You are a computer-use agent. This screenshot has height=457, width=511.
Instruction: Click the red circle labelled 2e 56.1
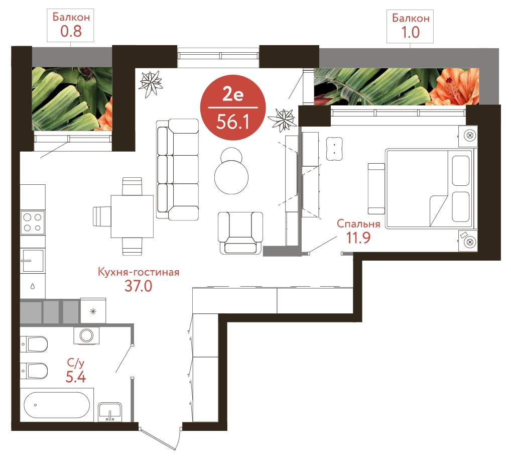tap(233, 108)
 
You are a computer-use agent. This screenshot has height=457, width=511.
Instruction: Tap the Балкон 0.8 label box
tap(70, 26)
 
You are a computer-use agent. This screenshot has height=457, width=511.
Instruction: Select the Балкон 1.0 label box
tap(410, 27)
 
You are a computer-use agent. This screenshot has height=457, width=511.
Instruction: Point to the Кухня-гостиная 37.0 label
tap(139, 279)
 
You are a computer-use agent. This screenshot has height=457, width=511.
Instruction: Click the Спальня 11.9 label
tap(358, 231)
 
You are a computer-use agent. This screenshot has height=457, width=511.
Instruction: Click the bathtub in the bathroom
tap(57, 404)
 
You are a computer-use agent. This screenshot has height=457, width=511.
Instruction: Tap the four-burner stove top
tap(33, 222)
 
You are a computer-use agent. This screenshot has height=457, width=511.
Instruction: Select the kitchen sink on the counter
tap(33, 260)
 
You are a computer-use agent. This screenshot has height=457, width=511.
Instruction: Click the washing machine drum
tap(87, 335)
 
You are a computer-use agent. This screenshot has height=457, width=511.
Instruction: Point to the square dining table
tap(132, 216)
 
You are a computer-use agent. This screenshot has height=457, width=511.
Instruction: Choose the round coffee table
tap(231, 177)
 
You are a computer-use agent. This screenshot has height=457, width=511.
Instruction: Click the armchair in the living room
tap(240, 233)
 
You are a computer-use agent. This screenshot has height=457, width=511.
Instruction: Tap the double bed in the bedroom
tap(429, 188)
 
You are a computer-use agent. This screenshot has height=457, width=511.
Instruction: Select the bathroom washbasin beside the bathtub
tap(110, 412)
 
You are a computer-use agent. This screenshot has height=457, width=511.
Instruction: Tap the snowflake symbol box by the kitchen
tap(93, 311)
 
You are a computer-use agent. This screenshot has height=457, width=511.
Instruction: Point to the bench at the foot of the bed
tap(376, 188)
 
